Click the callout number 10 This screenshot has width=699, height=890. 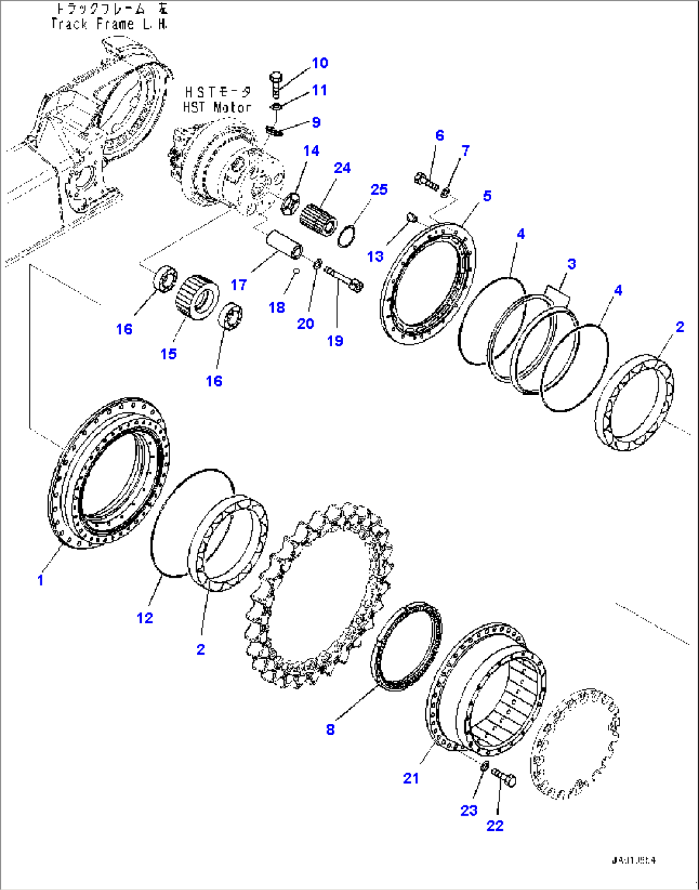pos(319,63)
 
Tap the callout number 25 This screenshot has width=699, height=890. pos(379,189)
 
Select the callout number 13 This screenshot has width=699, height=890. pos(375,256)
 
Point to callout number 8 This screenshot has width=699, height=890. pos(330,729)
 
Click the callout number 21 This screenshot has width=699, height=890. pos(411,778)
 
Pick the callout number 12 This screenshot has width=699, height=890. pos(145,617)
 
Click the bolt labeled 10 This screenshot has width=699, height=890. pos(276,82)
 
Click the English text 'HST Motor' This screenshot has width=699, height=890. pos(217,107)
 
